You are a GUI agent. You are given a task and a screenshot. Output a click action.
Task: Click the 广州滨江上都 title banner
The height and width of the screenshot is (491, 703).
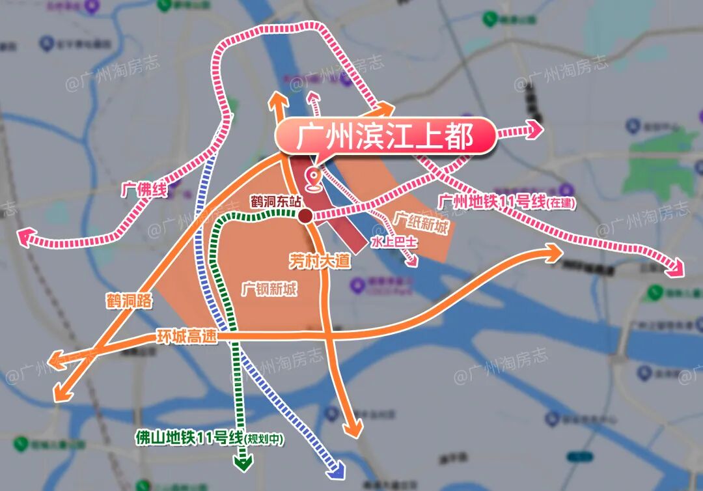pos(384,137)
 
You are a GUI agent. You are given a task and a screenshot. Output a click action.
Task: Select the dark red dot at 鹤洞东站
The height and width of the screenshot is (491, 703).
pos(305,216)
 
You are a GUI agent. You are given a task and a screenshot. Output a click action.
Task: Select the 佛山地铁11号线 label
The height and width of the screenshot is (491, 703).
pos(208,438)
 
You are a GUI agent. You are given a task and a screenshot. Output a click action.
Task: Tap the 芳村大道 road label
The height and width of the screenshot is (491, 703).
pos(320,262)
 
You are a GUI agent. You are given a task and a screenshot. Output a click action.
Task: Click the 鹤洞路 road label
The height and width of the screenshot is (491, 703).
pos(129,301)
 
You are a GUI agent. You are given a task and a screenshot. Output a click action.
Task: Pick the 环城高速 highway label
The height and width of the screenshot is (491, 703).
pos(187,337)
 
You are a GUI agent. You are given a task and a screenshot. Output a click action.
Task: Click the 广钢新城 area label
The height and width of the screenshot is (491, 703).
pos(269,288)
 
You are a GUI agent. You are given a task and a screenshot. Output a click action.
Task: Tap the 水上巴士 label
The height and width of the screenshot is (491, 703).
pos(394,242)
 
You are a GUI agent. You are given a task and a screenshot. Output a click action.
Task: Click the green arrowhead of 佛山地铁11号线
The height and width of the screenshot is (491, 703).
pos(243,463)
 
